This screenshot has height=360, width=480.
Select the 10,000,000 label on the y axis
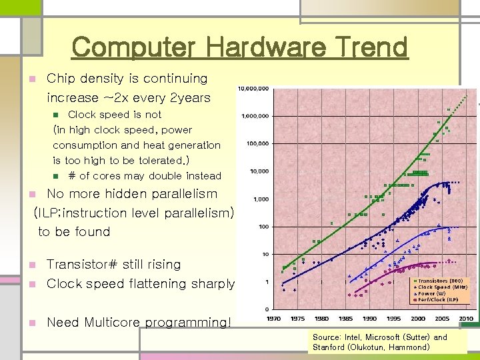tap(254, 88)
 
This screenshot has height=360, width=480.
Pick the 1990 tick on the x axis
tap(369, 319)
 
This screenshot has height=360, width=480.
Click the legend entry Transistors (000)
tap(443, 281)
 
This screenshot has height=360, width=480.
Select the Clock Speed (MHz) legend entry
tap(443, 287)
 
